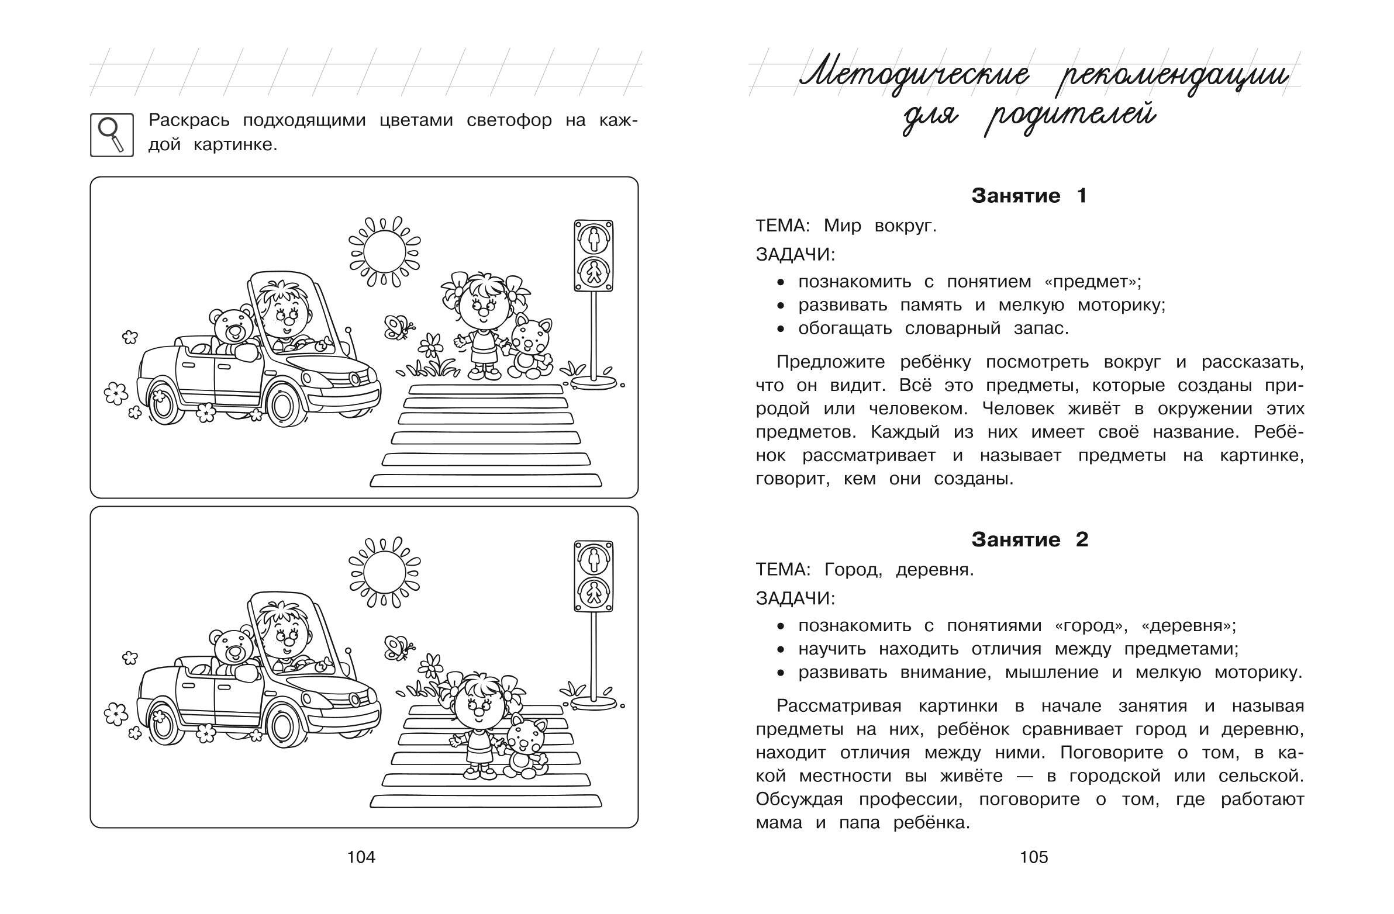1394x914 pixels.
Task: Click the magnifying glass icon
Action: click(111, 134)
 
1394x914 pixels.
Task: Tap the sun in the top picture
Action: click(384, 252)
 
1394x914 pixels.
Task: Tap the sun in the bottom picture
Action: click(384, 573)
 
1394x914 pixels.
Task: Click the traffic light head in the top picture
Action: click(594, 255)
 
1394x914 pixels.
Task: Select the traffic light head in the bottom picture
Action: click(594, 576)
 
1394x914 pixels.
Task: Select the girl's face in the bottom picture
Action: click(479, 707)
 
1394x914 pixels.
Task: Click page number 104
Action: click(361, 857)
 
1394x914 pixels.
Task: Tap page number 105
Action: click(1034, 857)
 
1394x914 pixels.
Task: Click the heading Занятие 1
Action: click(1029, 196)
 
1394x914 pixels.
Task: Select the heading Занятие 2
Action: click(1029, 539)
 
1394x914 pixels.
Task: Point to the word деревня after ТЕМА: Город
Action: click(934, 570)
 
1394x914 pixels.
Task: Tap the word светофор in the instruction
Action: click(509, 120)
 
